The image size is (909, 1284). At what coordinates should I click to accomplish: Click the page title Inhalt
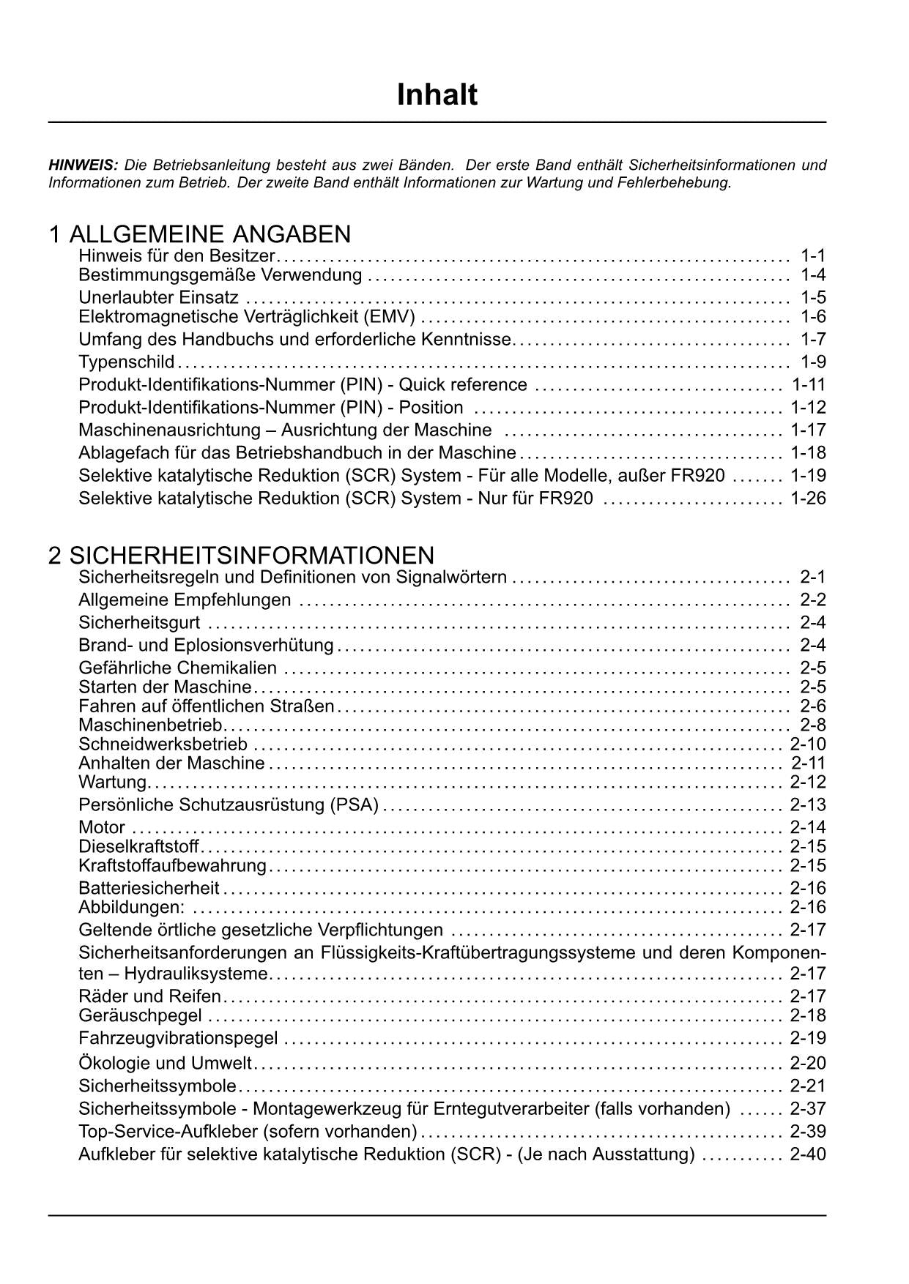(x=437, y=95)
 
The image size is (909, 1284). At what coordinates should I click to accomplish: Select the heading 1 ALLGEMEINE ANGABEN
(x=199, y=234)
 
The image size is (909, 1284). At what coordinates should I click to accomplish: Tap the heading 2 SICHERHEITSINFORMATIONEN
(x=241, y=555)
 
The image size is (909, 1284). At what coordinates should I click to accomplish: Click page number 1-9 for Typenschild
(x=813, y=362)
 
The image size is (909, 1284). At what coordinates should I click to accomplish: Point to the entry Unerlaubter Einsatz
(x=158, y=297)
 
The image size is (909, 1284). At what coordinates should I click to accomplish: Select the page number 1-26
(x=808, y=499)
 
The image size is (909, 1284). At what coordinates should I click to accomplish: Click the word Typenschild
(x=127, y=362)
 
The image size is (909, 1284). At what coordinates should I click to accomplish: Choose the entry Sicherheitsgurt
(x=139, y=623)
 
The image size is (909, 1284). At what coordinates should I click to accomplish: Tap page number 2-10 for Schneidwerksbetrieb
(x=808, y=744)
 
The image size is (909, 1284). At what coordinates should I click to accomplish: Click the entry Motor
(x=102, y=827)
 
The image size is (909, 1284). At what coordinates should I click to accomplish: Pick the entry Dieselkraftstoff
(x=138, y=847)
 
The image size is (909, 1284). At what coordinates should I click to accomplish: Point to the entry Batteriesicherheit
(x=149, y=888)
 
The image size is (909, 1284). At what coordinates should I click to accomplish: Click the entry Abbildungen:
(x=132, y=908)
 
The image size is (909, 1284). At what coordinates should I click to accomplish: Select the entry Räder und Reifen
(x=149, y=996)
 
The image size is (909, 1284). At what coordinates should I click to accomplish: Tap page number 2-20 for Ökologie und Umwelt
(x=808, y=1063)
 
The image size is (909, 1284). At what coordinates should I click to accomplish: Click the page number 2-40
(x=808, y=1154)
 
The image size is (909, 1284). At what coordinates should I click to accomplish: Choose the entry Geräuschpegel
(x=140, y=1015)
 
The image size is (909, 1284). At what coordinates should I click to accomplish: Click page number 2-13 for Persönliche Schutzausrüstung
(x=808, y=805)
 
